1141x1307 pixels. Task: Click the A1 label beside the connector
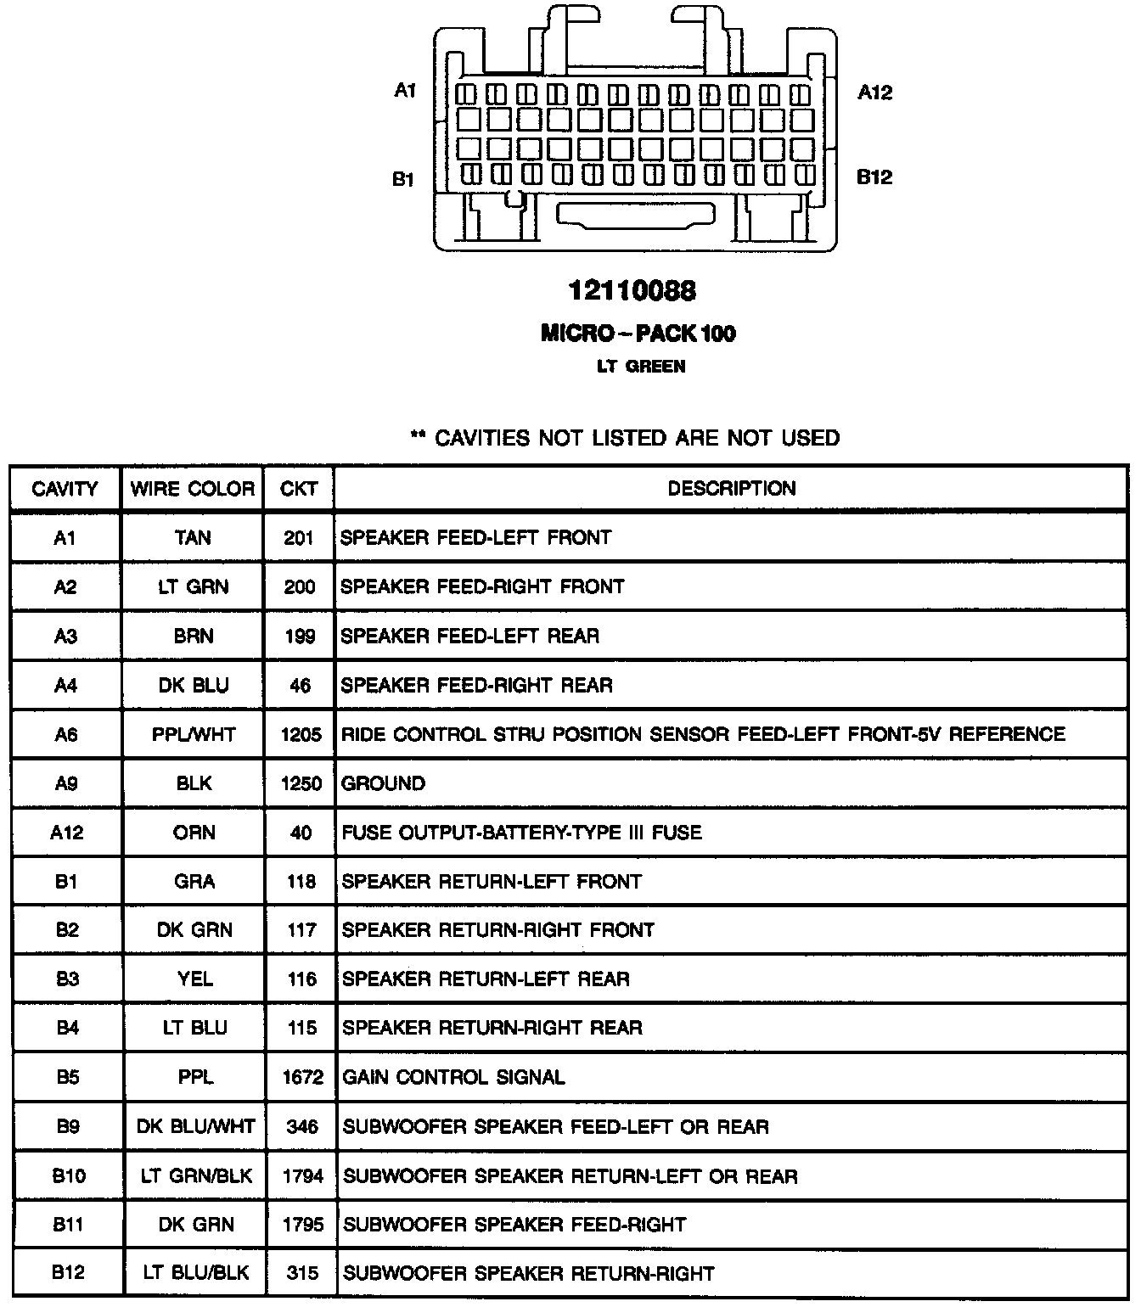click(405, 90)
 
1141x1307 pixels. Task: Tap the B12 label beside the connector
click(874, 177)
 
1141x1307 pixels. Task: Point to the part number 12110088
click(632, 291)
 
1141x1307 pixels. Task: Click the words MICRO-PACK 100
click(638, 333)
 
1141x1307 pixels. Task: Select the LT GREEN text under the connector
click(641, 367)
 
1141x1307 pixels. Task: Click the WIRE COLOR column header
click(193, 489)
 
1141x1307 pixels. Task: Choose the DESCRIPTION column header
click(732, 488)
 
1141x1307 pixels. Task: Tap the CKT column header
click(299, 489)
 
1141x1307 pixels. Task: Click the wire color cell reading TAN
click(193, 537)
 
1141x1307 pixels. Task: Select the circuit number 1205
click(301, 734)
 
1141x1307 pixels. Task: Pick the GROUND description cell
click(383, 783)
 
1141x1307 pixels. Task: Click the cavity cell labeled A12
click(66, 833)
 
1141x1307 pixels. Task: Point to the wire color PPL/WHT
click(194, 734)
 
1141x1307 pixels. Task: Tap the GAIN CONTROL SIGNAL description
click(453, 1077)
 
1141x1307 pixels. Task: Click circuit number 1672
click(302, 1077)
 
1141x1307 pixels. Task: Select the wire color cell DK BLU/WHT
click(195, 1126)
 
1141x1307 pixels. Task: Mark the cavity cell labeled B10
click(68, 1175)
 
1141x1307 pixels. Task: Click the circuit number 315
click(302, 1273)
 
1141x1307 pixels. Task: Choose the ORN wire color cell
click(194, 833)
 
